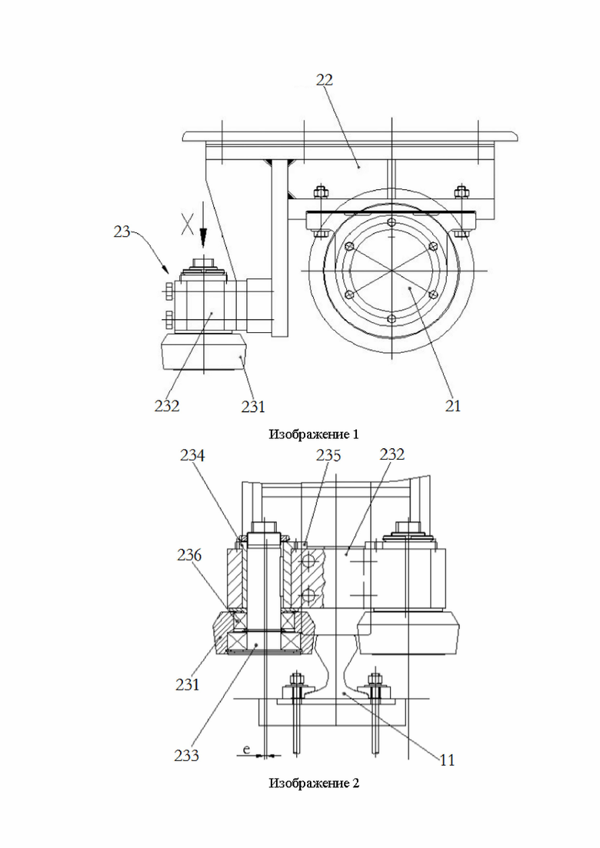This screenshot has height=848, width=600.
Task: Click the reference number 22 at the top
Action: (325, 80)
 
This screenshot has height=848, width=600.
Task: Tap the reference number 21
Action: (453, 406)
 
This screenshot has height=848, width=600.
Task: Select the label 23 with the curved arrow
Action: (122, 232)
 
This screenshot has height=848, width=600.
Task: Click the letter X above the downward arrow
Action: (187, 224)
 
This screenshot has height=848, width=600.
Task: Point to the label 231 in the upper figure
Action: (253, 406)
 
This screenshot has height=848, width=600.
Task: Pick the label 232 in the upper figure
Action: (167, 406)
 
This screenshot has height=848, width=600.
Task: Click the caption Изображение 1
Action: (314, 434)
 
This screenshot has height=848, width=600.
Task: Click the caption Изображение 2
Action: (314, 783)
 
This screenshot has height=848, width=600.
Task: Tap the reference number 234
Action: (192, 456)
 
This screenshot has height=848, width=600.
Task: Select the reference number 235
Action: (328, 456)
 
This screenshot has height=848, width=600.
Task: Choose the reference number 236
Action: (188, 555)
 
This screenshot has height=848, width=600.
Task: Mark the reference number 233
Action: (187, 755)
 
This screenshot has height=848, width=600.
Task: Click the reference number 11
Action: (447, 760)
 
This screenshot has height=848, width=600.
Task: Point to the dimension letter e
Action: (246, 750)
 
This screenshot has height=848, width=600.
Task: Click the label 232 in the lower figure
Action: (392, 454)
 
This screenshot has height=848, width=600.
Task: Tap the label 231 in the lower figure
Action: (187, 685)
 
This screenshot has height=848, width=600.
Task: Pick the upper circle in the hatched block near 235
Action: (308, 561)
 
